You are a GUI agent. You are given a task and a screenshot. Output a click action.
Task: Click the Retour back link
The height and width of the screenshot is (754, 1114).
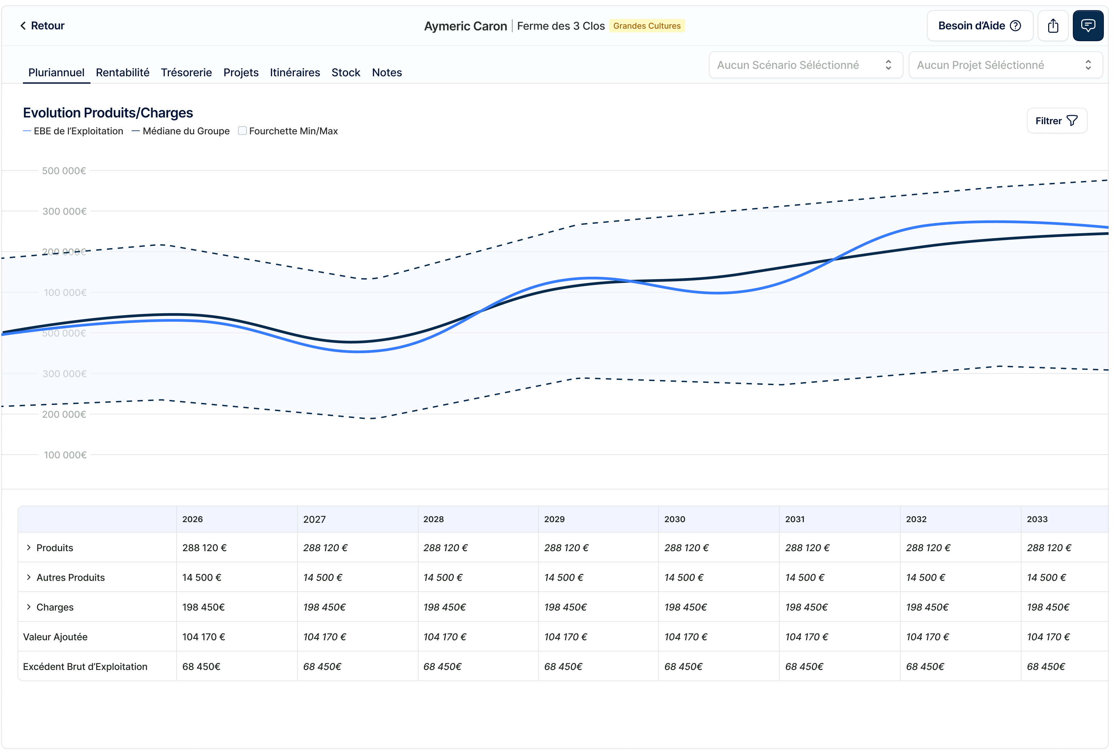[x=42, y=26]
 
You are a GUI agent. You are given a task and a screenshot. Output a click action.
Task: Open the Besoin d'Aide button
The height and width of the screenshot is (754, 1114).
[x=979, y=26]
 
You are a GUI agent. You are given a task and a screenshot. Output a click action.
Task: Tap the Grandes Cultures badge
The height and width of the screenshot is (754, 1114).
[x=647, y=26]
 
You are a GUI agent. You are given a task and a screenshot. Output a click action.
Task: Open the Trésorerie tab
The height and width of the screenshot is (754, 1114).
[x=186, y=72]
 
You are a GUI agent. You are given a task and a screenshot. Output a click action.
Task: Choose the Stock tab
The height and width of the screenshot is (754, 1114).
[x=346, y=72]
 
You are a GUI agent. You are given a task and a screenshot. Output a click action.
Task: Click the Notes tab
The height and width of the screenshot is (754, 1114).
[x=387, y=72]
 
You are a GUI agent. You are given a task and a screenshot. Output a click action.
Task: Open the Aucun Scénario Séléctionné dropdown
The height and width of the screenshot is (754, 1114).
[x=805, y=65]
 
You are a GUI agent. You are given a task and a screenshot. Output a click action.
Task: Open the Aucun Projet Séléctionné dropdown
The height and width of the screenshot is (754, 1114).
[x=1005, y=65]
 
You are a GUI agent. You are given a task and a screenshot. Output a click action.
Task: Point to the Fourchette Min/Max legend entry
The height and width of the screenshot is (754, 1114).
[x=288, y=131]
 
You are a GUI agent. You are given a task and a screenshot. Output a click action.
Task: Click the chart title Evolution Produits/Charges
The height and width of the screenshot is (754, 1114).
[x=108, y=113]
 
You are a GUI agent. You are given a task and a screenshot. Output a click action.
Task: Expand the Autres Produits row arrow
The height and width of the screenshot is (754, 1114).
[x=29, y=577]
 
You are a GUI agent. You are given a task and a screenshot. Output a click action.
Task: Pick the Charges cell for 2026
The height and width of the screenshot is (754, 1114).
[x=203, y=607]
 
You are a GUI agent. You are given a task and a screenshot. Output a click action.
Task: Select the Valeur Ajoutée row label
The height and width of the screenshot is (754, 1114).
[x=55, y=637]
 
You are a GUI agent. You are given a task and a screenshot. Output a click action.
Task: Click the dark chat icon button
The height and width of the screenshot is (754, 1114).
[x=1088, y=26]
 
